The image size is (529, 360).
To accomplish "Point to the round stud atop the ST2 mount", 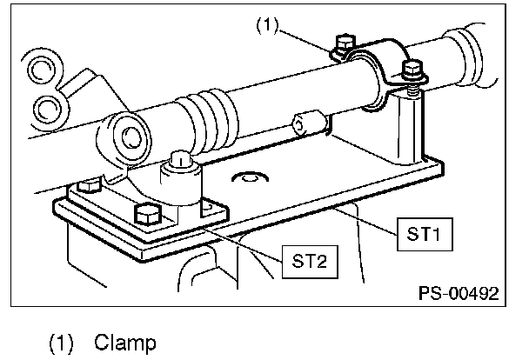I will (180, 160).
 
